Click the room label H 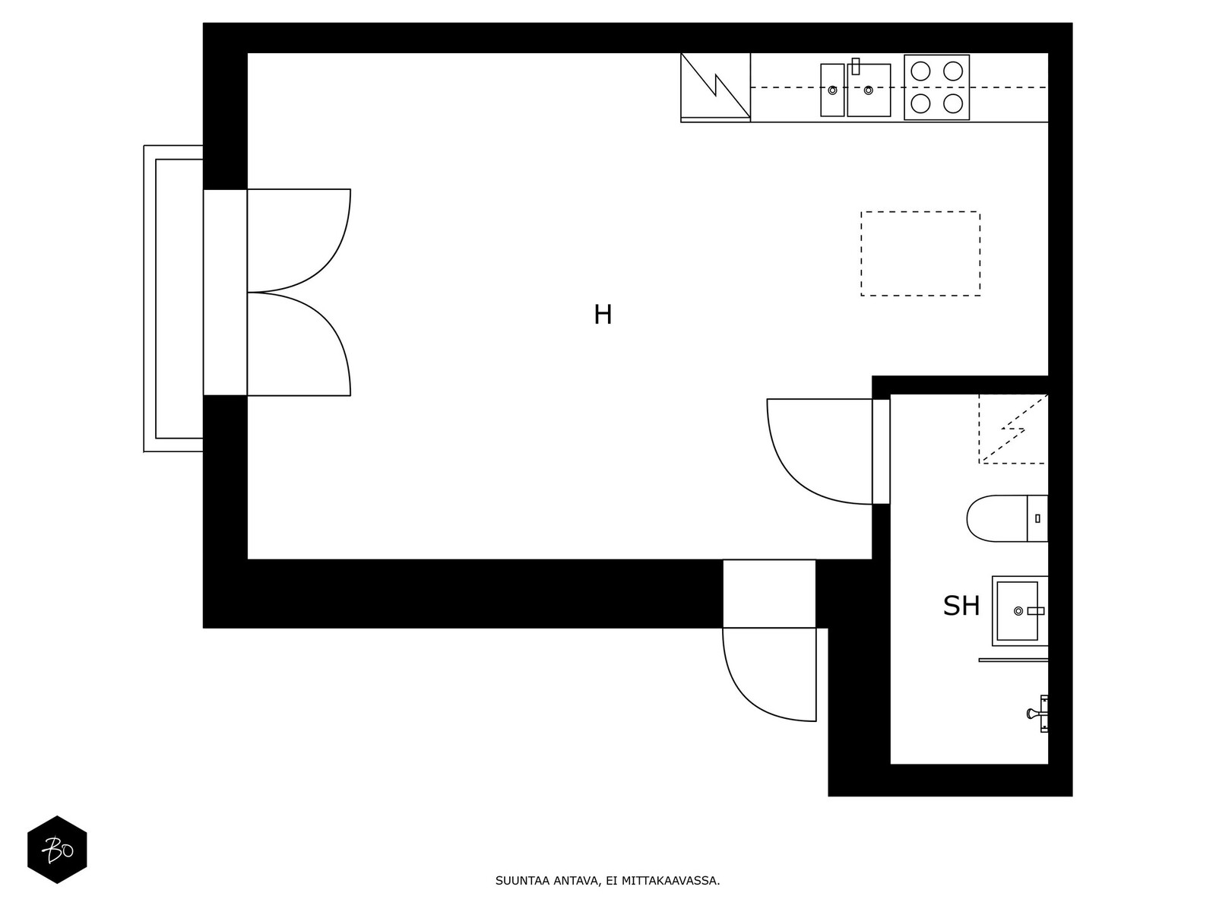(603, 315)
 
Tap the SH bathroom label (961, 606)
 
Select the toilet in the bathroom (1006, 518)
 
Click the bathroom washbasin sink (1019, 611)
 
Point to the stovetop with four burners (937, 87)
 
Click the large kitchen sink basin (869, 90)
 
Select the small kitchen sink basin (832, 90)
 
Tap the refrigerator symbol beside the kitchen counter (715, 87)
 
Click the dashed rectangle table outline (920, 211)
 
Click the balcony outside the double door (150, 299)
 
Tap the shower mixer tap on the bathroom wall (1038, 714)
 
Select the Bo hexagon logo (57, 850)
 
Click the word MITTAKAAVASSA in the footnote (670, 881)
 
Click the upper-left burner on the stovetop (920, 71)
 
